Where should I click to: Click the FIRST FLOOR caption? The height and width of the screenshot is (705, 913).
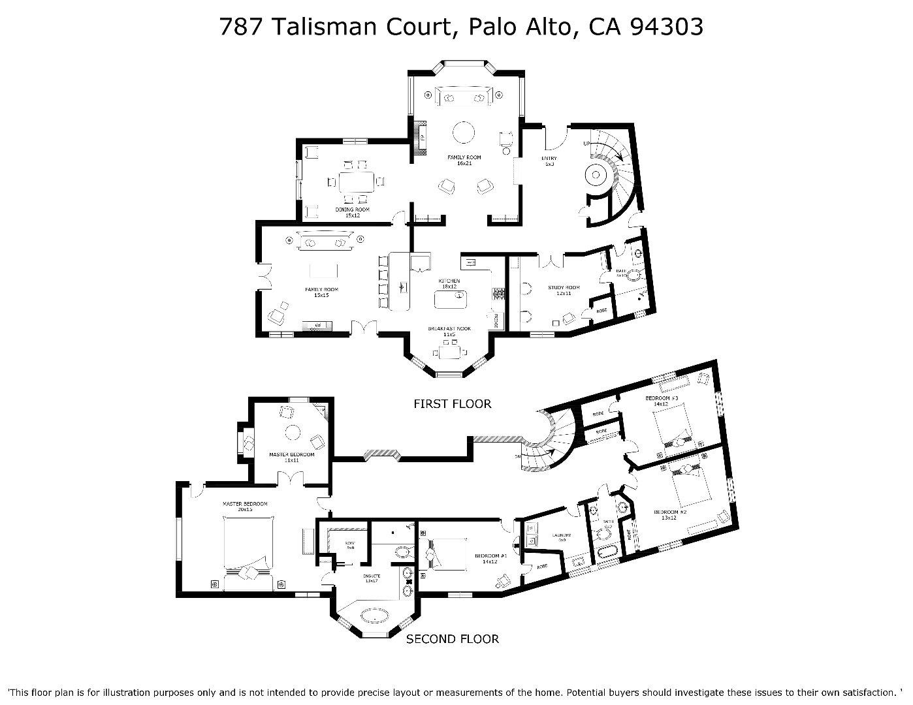(x=452, y=404)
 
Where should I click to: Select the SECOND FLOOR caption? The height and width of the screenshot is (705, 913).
(x=453, y=639)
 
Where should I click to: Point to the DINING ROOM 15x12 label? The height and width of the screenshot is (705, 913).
(x=353, y=212)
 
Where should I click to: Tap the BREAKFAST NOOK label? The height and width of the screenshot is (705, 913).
(x=449, y=331)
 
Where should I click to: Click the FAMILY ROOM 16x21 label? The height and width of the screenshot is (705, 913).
(x=464, y=160)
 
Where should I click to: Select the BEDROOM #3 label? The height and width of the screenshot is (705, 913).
(x=662, y=401)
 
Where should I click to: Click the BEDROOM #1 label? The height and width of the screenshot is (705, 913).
(x=490, y=559)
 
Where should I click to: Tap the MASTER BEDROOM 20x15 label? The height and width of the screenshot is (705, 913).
(x=245, y=507)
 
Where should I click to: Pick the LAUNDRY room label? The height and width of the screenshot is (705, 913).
(x=562, y=537)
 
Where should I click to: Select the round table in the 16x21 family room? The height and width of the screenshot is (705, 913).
(x=464, y=133)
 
